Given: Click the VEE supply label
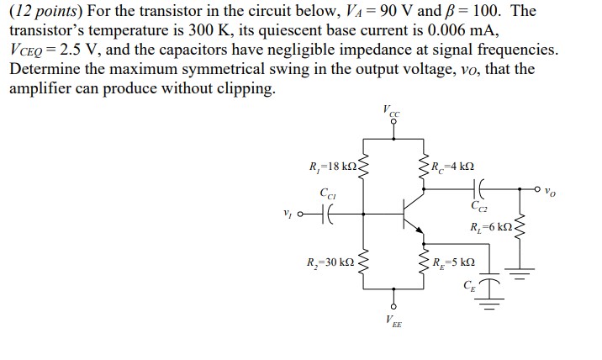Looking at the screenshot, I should coord(392,320).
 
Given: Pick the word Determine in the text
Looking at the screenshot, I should coord(46,69).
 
